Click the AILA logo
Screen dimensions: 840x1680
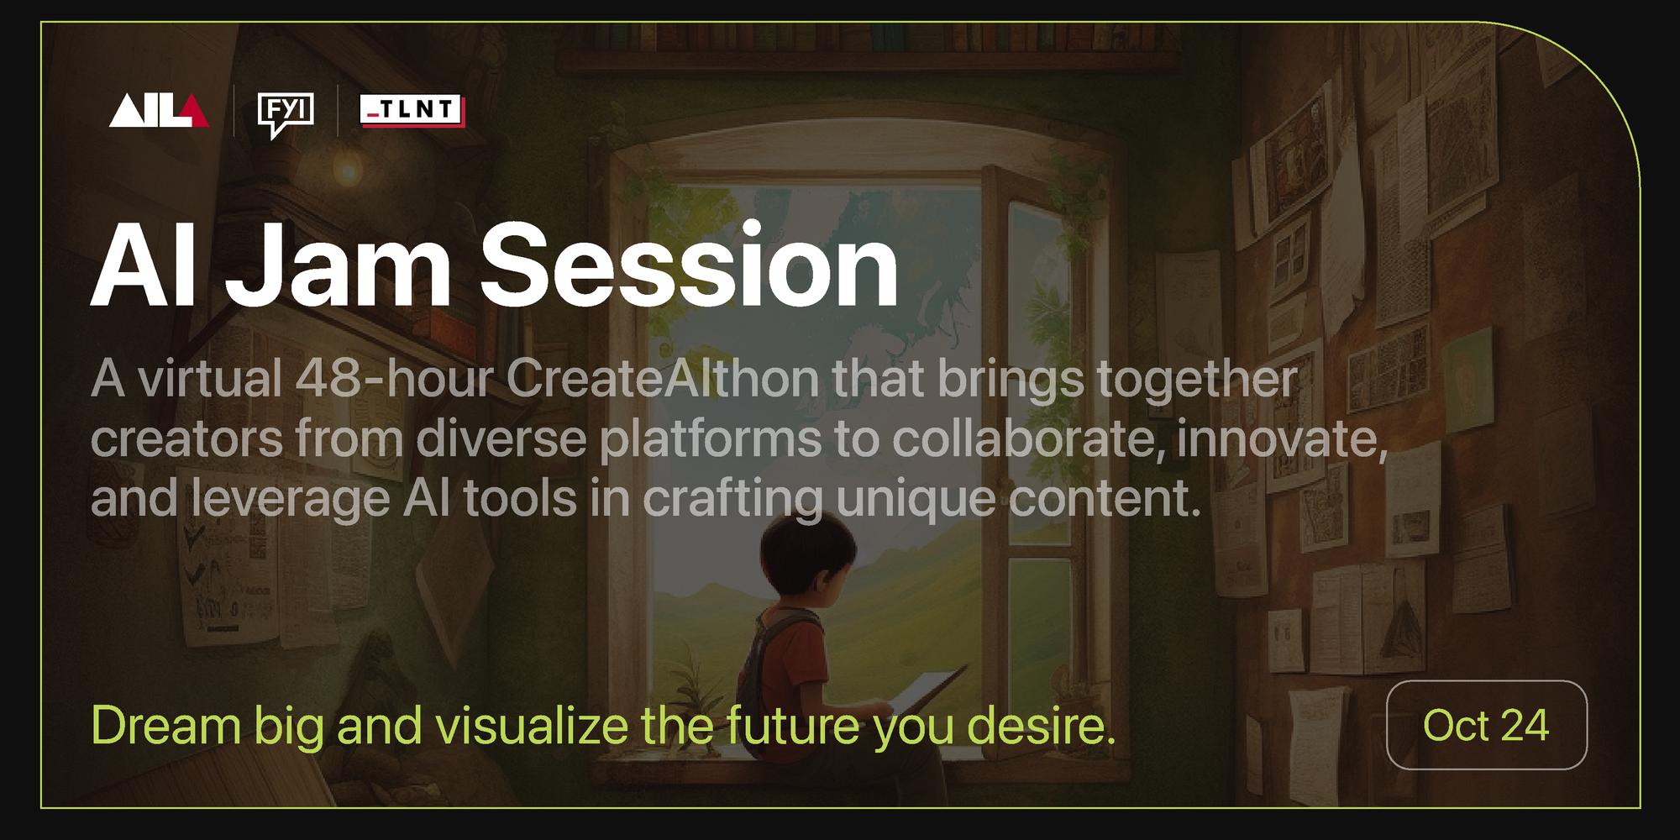158,111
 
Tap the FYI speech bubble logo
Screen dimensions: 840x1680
286,114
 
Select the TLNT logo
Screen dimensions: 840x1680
412,110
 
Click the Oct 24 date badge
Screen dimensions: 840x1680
1486,725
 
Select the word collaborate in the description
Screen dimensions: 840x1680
1018,439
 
